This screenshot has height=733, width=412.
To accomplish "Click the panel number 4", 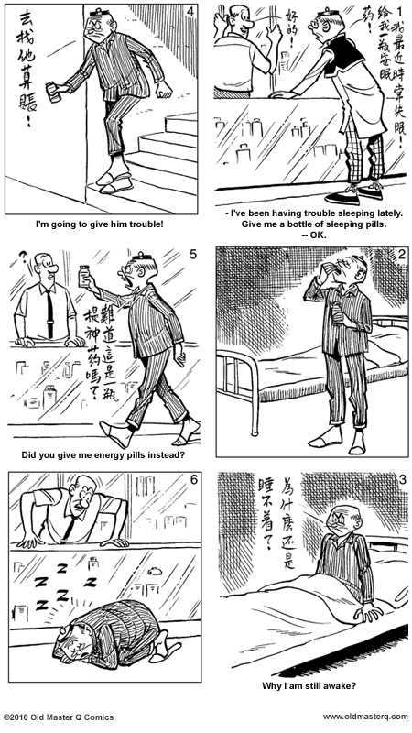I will pyautogui.click(x=189, y=11).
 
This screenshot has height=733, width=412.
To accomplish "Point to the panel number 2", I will pyautogui.click(x=396, y=255).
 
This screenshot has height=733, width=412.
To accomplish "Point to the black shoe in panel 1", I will pyautogui.click(x=342, y=195).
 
